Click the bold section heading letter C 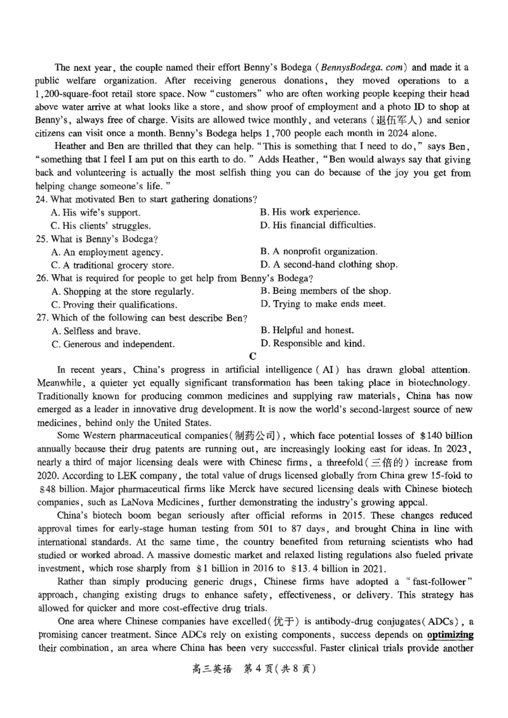pos(253,356)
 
